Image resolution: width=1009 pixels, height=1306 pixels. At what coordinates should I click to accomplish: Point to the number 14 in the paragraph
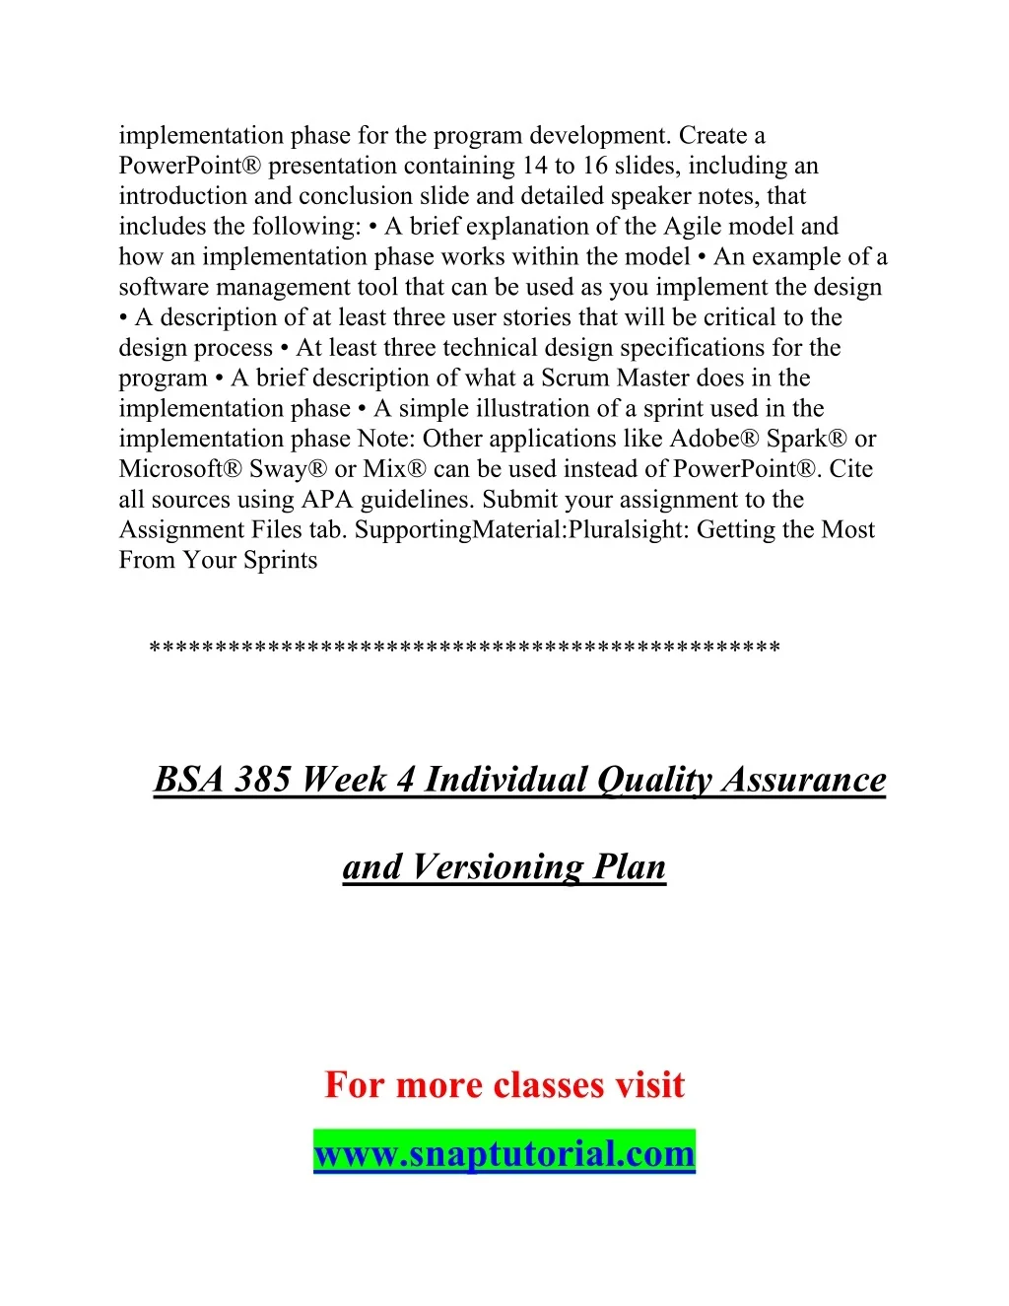tap(534, 166)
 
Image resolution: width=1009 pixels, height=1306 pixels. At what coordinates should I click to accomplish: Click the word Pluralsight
tap(627, 530)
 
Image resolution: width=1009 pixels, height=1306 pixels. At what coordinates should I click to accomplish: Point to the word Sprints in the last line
tap(280, 561)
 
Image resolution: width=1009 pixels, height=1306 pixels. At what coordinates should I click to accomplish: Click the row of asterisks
tap(464, 649)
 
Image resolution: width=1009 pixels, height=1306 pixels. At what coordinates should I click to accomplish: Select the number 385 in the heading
tap(261, 780)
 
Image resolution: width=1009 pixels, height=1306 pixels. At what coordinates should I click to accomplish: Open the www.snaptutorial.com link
tap(504, 1152)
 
